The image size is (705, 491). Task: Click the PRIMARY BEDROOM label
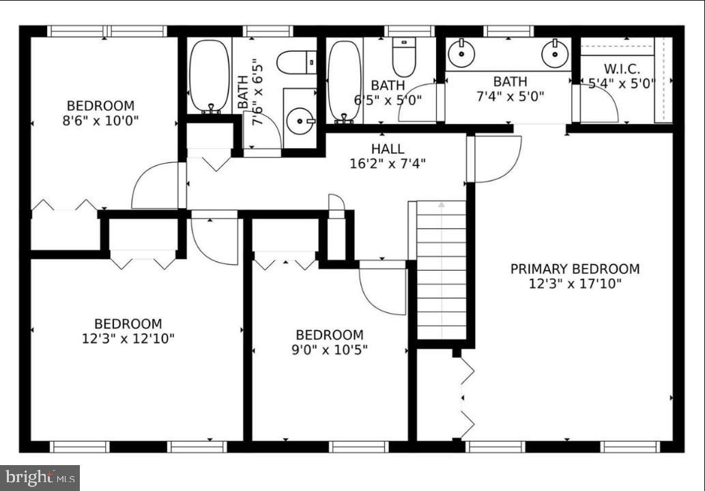[575, 269]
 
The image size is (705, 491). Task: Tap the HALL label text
[387, 149]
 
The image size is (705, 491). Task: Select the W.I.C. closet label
[621, 69]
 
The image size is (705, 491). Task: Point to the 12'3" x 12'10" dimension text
[128, 338]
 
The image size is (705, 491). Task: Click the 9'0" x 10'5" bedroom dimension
[330, 349]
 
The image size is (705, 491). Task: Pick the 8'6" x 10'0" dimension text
[100, 121]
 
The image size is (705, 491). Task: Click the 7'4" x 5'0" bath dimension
[510, 96]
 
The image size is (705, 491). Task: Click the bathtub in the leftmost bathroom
[210, 76]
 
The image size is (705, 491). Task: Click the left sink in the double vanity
[461, 53]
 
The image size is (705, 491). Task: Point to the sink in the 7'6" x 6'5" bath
[300, 121]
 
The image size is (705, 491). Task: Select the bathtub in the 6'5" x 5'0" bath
[344, 80]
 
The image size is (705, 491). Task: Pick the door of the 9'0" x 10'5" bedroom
[383, 288]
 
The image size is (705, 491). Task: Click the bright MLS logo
[40, 477]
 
